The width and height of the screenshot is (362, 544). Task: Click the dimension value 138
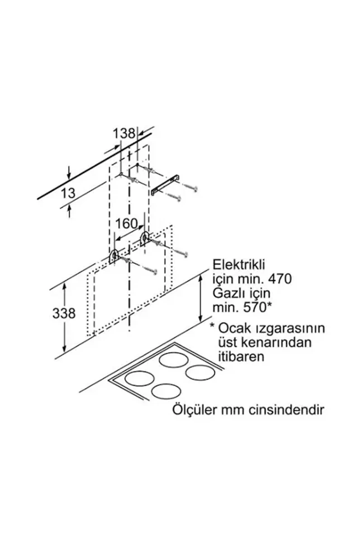coord(124,133)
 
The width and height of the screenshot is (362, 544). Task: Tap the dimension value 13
coord(68,194)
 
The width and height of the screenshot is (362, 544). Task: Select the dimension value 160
coord(126,223)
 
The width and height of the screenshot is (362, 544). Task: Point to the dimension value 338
coord(64,313)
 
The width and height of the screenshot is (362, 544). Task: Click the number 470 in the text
coord(278,279)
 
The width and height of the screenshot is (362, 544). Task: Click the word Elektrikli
coord(238,265)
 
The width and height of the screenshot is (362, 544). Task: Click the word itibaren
coord(241,357)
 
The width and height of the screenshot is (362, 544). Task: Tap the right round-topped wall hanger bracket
coord(145,238)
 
